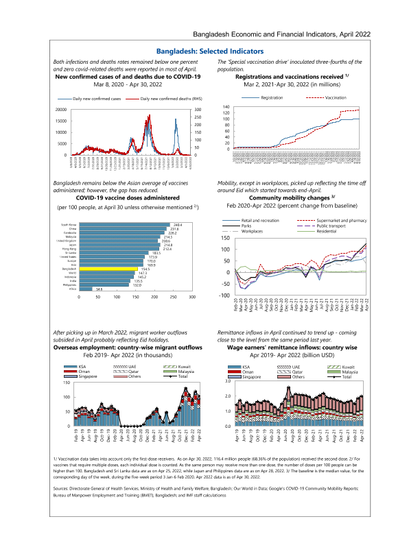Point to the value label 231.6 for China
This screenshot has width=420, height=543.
[x=176, y=229]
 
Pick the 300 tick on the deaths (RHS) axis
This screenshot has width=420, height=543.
[x=197, y=110]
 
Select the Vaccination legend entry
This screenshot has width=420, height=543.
[x=336, y=98]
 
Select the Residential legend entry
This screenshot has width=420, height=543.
[x=327, y=231]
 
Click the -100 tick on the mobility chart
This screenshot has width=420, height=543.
[x=224, y=295]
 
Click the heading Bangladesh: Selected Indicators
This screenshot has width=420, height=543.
[x=210, y=51]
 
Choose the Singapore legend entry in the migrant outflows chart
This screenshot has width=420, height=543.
[x=79, y=376]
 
